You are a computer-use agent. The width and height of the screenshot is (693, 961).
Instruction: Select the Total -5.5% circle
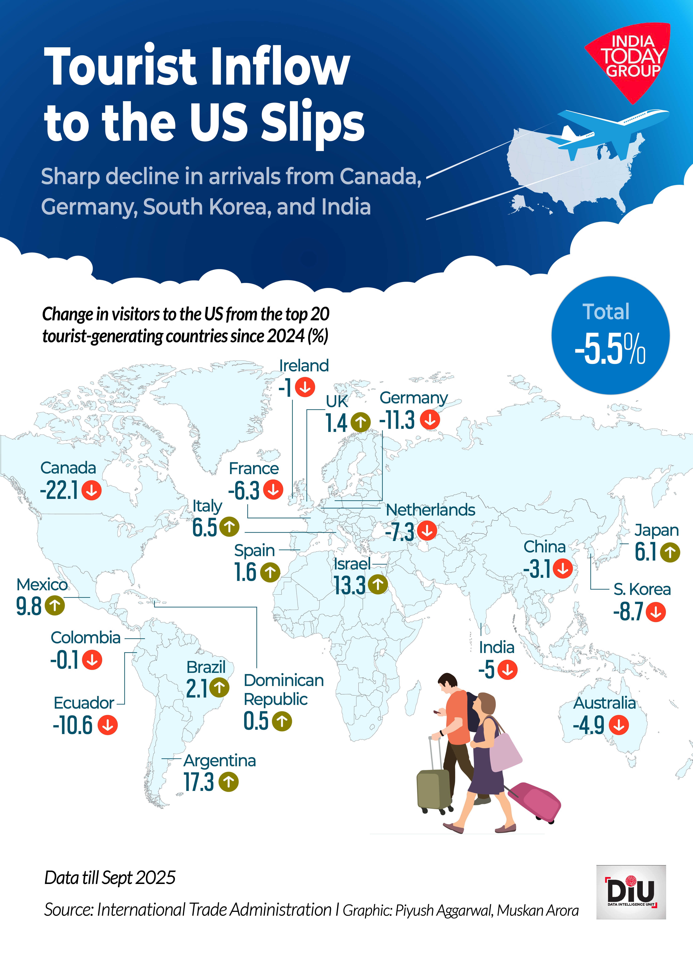(610, 336)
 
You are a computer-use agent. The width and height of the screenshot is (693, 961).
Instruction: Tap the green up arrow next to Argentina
(229, 782)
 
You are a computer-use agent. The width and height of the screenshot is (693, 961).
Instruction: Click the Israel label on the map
(352, 564)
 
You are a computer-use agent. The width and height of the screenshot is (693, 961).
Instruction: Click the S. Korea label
(642, 589)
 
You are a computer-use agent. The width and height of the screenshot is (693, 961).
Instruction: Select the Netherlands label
(430, 510)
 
